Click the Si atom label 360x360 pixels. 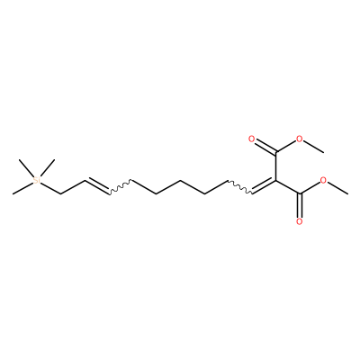37,180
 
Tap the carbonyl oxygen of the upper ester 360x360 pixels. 251,139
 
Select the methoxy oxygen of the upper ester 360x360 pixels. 300,139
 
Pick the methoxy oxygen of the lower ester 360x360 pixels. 323,180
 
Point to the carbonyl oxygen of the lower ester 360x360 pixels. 300,222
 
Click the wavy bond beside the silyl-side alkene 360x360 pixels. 120,187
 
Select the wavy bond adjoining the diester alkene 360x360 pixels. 240,187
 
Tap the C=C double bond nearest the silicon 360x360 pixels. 96,186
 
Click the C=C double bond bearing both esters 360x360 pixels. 264,186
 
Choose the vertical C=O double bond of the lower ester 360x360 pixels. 300,206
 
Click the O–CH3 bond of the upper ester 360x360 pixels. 314,147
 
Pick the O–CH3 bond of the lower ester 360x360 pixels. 337,188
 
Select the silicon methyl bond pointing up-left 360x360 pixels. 26,166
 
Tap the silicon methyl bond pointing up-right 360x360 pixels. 47,167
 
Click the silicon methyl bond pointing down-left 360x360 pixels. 22,188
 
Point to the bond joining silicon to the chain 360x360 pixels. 50,188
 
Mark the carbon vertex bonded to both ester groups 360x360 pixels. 276,181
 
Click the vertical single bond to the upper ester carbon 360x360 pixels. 276,166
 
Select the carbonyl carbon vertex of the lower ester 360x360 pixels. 300,194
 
